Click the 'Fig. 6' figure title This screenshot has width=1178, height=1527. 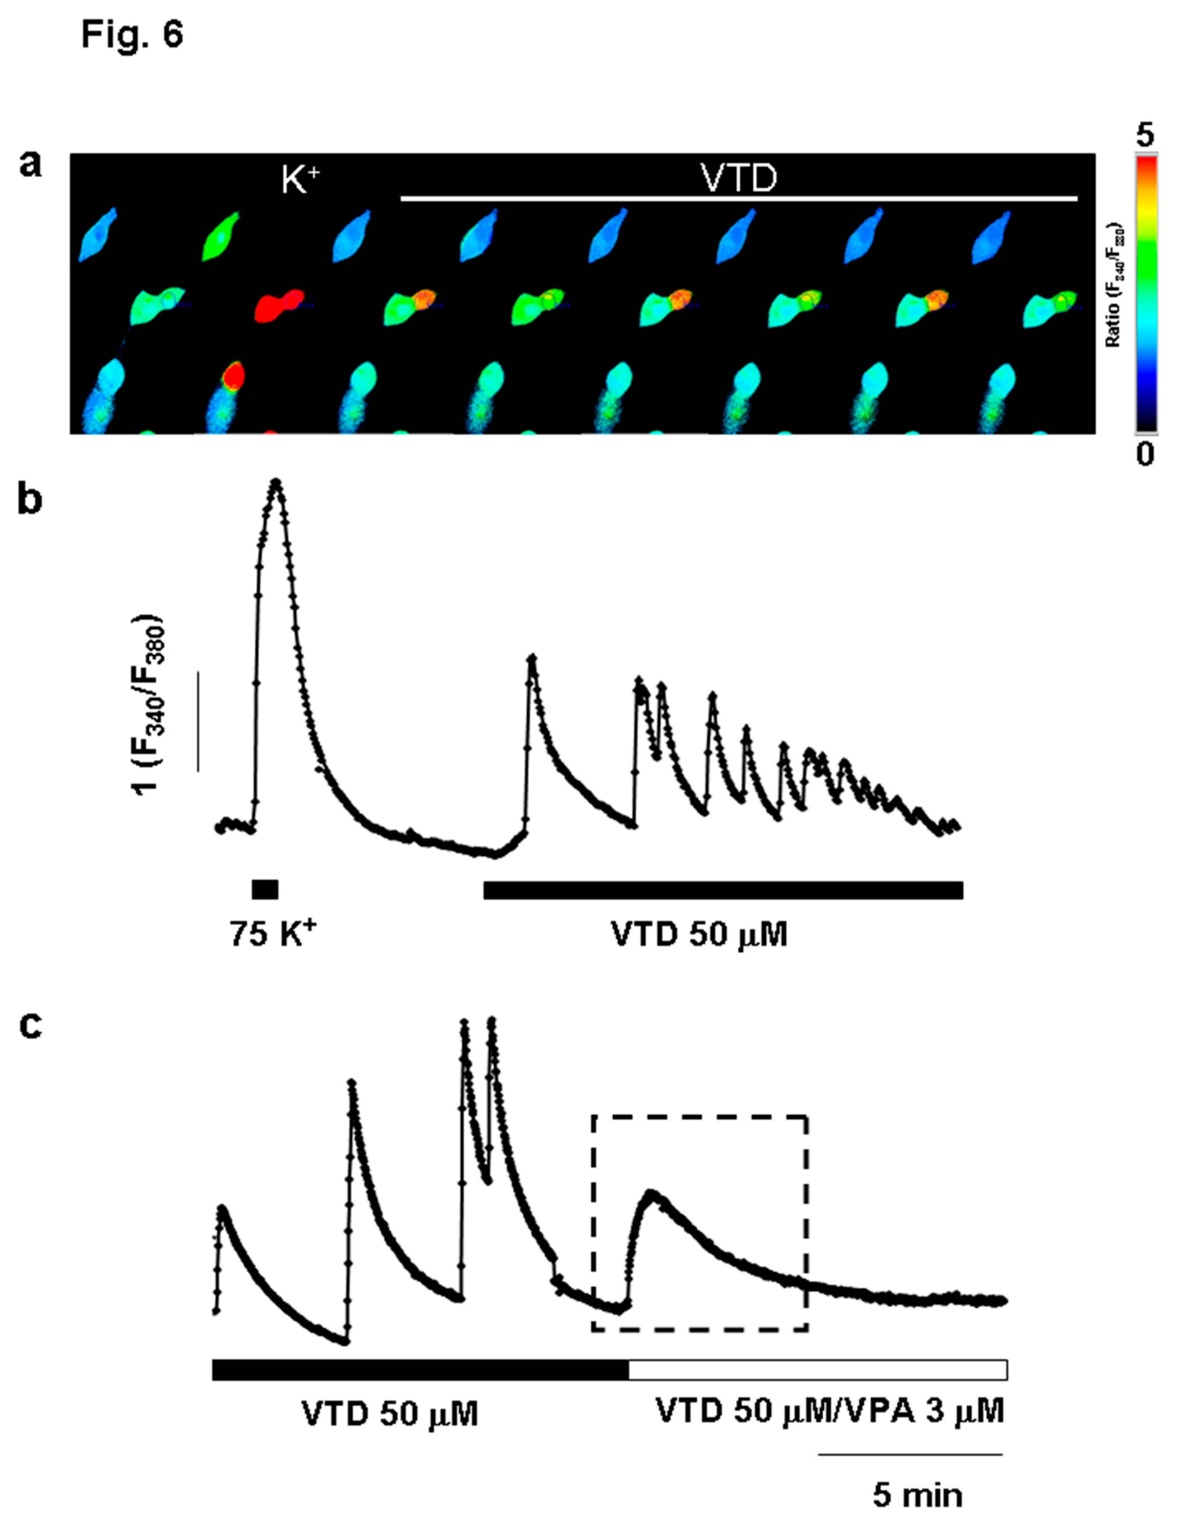[x=131, y=34]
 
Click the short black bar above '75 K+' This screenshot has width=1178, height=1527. [x=265, y=889]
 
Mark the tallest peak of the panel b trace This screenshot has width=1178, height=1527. [x=276, y=482]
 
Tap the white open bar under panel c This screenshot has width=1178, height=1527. [x=817, y=1369]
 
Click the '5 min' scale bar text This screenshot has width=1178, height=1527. [x=917, y=1495]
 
